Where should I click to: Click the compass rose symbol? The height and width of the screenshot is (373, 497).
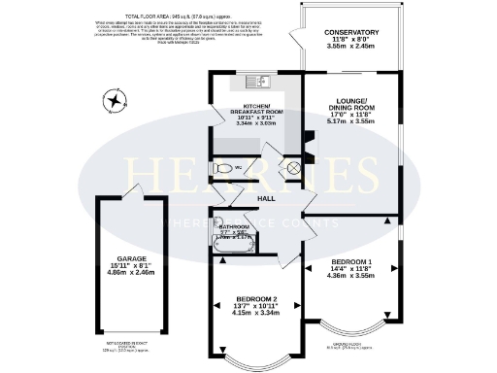point(116,100)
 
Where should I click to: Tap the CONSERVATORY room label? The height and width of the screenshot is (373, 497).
point(351,32)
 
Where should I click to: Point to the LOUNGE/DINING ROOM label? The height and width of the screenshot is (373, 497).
point(352,105)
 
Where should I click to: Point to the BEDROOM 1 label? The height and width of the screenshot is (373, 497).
point(351,262)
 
